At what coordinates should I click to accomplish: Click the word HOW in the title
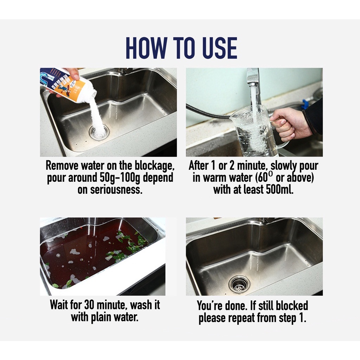(147, 48)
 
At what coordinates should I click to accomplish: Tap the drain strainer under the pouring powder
(99, 132)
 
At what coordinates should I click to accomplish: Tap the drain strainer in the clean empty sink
(239, 284)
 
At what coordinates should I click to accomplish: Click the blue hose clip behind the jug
(305, 104)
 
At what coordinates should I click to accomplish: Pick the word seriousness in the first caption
(110, 189)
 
